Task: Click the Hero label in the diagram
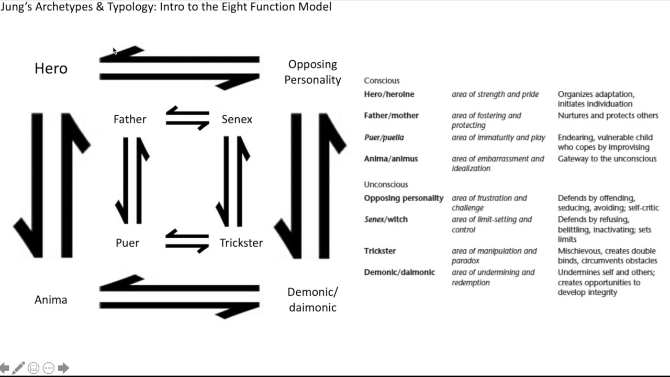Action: tap(51, 69)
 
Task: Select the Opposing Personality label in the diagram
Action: tap(312, 72)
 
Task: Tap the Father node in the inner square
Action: tap(130, 119)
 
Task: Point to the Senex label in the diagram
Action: tap(237, 119)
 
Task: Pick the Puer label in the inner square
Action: tap(127, 243)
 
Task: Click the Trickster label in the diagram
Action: tap(241, 243)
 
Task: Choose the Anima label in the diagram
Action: tap(51, 300)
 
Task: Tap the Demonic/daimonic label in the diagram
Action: tap(312, 300)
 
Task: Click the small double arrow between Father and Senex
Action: tap(187, 118)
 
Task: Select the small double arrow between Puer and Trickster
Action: tap(187, 241)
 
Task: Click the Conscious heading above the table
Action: tap(382, 81)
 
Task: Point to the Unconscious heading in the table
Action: tap(386, 184)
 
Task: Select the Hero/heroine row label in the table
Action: tap(389, 94)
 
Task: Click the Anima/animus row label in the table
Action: tap(391, 159)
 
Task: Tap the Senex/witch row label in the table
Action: tap(386, 219)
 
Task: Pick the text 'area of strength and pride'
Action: tap(495, 94)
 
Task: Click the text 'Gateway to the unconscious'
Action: tap(607, 159)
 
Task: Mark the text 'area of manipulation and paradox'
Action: tap(494, 256)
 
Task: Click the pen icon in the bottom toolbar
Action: tap(18, 368)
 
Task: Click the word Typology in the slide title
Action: tap(130, 7)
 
